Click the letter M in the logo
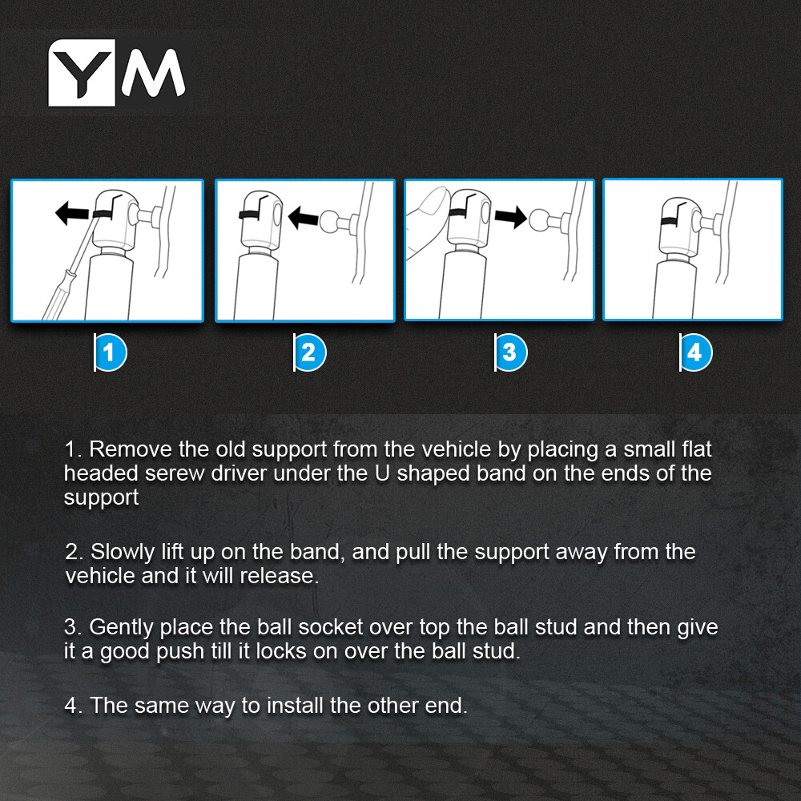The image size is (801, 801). click(x=153, y=73)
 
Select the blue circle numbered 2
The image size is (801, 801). click(x=310, y=352)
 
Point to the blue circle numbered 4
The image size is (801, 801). click(x=696, y=352)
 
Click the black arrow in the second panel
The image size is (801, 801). click(x=304, y=218)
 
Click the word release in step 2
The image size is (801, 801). click(x=279, y=576)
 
